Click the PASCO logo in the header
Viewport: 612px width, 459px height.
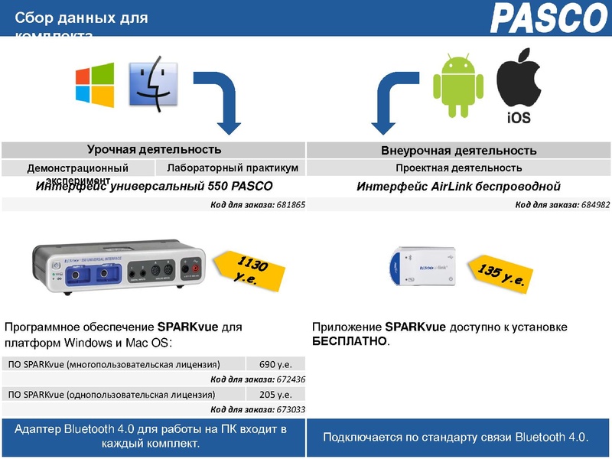[547, 18]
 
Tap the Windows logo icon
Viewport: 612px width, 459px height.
[94, 84]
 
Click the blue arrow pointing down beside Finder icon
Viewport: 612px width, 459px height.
[217, 99]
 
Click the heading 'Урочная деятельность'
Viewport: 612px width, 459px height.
[154, 149]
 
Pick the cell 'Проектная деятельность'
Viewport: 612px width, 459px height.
[459, 168]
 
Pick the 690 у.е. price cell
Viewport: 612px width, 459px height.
[275, 364]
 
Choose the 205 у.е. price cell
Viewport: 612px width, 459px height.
[275, 395]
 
